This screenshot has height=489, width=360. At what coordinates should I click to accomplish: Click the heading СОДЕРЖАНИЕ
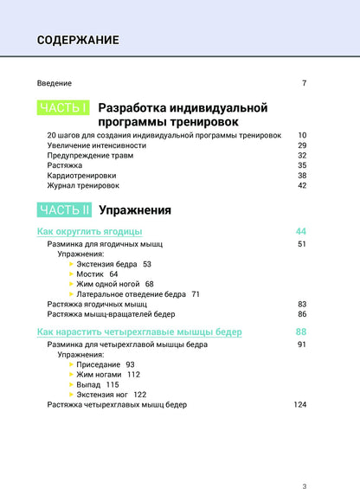coord(78,40)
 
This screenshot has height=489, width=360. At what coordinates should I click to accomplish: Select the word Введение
coord(55,83)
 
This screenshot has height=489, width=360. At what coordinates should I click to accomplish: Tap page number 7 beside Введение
coord(305,83)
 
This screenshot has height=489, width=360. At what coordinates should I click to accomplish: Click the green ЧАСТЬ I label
coord(63,108)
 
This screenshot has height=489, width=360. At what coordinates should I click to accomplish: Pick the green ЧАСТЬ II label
coord(65,209)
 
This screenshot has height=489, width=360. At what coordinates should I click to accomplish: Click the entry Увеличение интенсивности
coord(97,146)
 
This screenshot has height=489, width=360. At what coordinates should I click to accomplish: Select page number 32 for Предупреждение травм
coord(302,156)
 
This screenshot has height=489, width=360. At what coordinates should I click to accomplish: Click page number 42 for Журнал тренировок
coord(302,185)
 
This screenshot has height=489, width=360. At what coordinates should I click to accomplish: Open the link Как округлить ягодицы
coord(90,232)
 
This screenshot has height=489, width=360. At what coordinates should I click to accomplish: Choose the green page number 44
coord(301,232)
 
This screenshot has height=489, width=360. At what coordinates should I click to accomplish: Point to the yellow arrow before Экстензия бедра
coord(71,264)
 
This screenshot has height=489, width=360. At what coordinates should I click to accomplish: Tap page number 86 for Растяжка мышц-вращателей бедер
coord(302,314)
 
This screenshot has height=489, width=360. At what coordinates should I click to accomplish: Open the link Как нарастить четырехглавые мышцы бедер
coord(139,332)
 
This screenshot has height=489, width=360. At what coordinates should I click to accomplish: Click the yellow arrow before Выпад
coord(71,384)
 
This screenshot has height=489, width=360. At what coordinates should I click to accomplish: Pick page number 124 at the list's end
coord(300,404)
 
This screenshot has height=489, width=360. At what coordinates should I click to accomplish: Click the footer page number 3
coord(304,462)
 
